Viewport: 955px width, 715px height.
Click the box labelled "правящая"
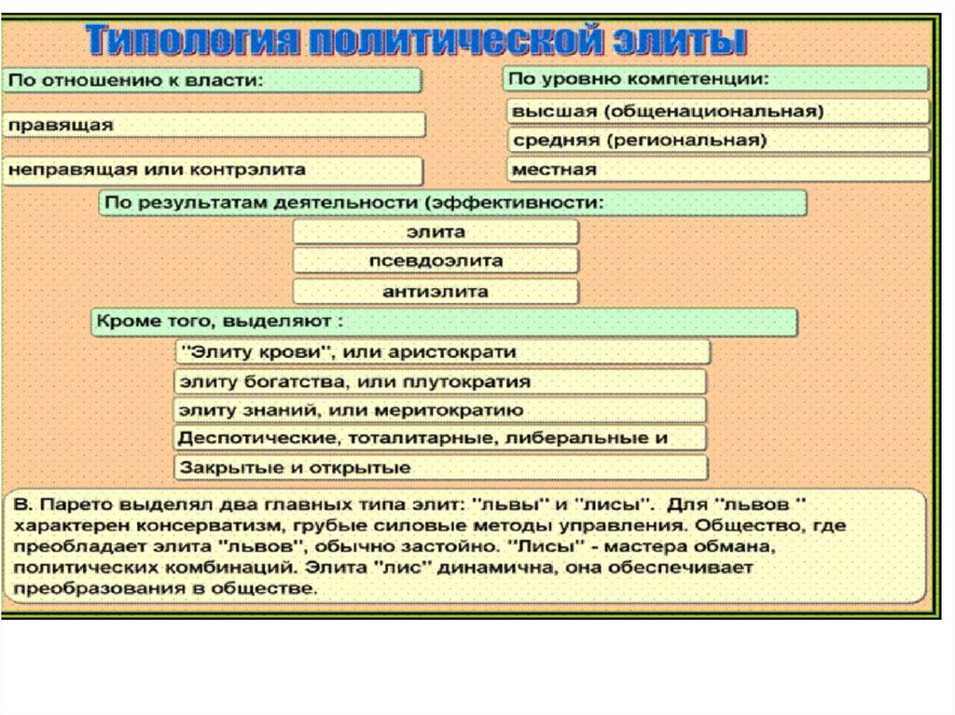(215, 125)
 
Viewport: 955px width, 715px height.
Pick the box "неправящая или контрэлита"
(213, 171)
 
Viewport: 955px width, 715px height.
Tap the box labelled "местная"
(718, 170)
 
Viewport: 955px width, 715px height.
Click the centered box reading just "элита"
(436, 232)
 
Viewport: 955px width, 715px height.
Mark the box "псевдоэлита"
(436, 261)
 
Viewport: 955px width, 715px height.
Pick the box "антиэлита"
(436, 291)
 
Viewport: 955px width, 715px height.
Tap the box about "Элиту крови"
(442, 352)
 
